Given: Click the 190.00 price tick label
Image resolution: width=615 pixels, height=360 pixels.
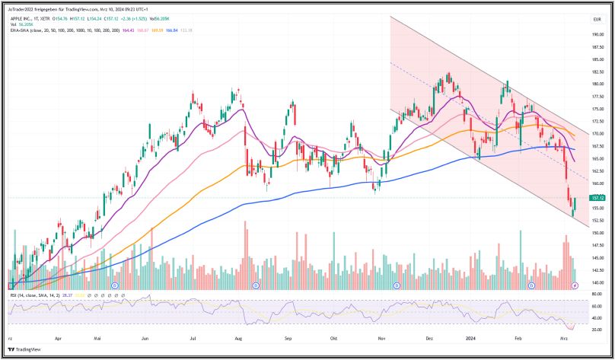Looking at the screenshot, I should tap(597, 34).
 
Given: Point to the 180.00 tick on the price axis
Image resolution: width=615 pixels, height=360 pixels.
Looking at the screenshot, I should tap(597, 84).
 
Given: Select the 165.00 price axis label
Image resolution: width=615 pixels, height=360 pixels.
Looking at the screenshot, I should tap(597, 158).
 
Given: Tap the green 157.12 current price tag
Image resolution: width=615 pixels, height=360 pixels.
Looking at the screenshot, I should tap(597, 198).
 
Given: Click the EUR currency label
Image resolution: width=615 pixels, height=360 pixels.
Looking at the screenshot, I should tap(597, 18).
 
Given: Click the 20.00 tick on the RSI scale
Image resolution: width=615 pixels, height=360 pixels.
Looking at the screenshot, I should tap(597, 329).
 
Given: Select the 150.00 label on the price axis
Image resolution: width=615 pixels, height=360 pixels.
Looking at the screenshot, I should tap(597, 233).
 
